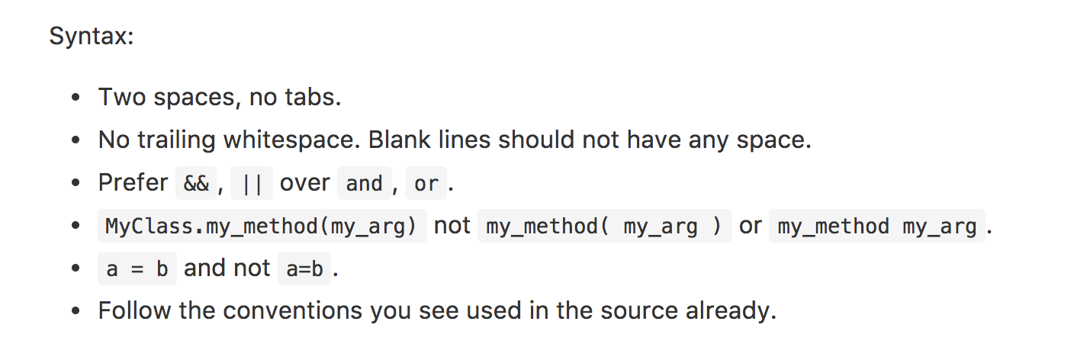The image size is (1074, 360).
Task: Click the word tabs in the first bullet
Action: tap(312, 98)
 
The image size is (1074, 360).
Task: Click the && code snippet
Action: tap(196, 184)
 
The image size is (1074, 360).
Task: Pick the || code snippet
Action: tap(252, 184)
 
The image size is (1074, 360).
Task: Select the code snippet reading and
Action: tap(364, 184)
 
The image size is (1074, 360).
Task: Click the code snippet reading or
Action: tap(426, 184)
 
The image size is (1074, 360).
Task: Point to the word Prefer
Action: tap(133, 183)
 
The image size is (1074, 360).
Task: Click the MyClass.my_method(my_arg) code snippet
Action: tap(262, 227)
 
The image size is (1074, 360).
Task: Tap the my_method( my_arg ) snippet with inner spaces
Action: tap(603, 227)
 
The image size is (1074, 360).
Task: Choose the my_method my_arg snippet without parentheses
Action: tap(876, 227)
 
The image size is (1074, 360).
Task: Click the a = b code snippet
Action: tap(137, 269)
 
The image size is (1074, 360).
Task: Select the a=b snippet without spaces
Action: tap(304, 269)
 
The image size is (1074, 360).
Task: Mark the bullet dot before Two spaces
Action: tap(75, 98)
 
